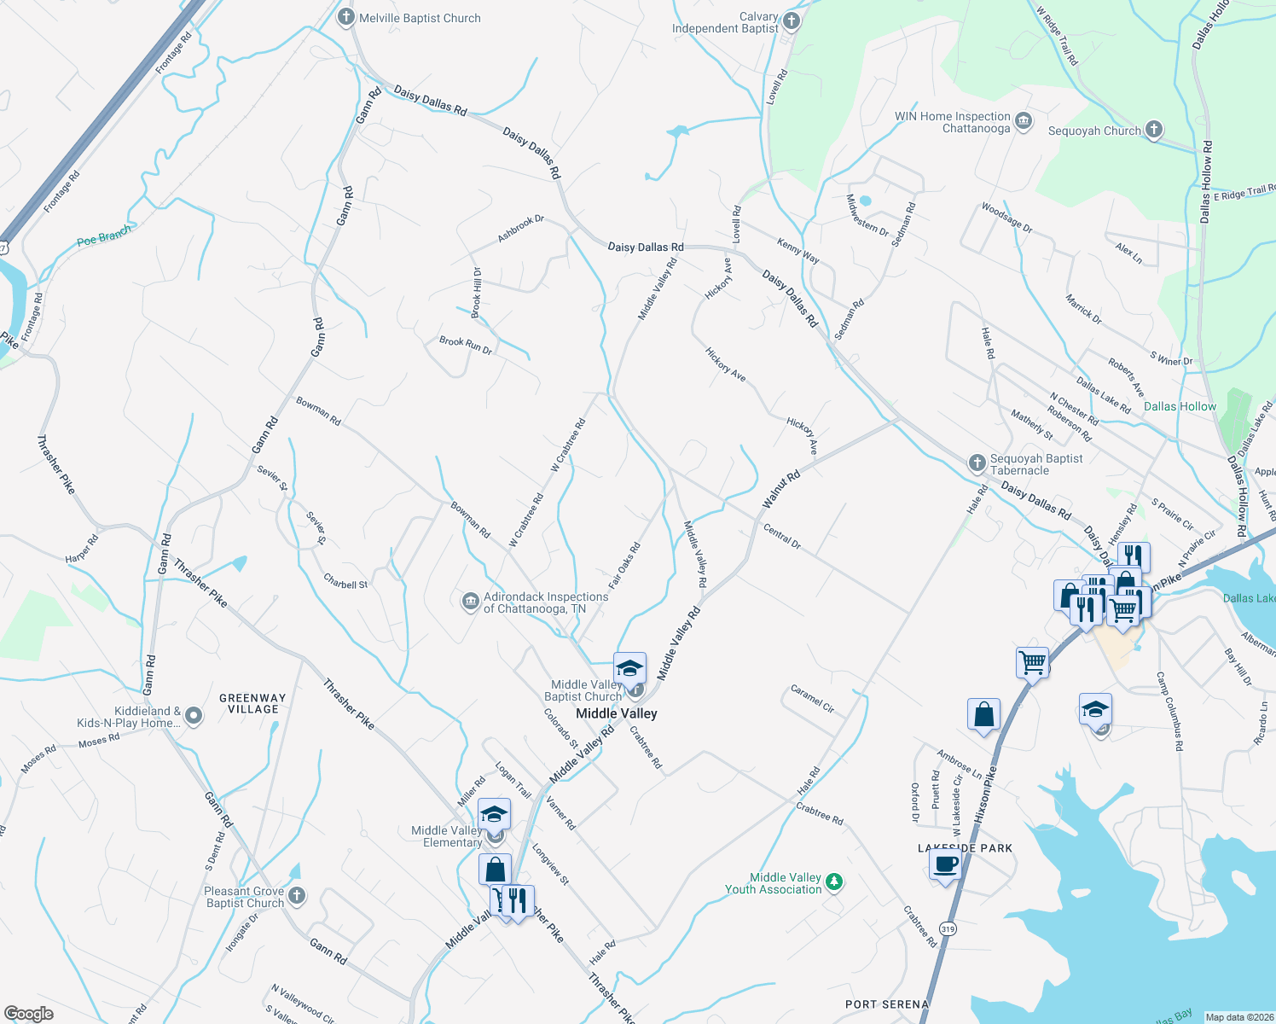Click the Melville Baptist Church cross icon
(345, 18)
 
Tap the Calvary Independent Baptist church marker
(792, 21)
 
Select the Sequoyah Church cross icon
(1153, 131)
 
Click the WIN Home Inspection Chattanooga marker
(1024, 122)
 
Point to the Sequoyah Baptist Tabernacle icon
(977, 463)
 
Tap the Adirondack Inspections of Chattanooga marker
(470, 602)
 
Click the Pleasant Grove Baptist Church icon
(296, 896)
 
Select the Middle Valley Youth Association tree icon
(834, 882)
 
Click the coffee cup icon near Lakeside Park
(945, 865)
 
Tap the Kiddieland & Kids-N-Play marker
(194, 716)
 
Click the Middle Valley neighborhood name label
(616, 713)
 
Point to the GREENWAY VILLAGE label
(252, 703)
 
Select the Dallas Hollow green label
(1180, 406)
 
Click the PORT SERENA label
(886, 1004)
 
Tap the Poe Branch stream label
(104, 236)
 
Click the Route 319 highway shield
(948, 928)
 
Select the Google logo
(29, 1013)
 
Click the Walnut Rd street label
(780, 489)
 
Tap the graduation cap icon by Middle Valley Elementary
(494, 814)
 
